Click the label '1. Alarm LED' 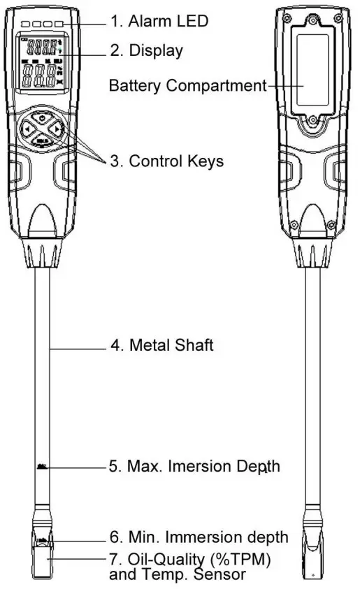(x=159, y=21)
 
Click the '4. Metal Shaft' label (x=161, y=345)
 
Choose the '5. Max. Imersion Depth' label (x=194, y=466)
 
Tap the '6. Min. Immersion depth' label (x=199, y=537)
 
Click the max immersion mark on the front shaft (x=42, y=465)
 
